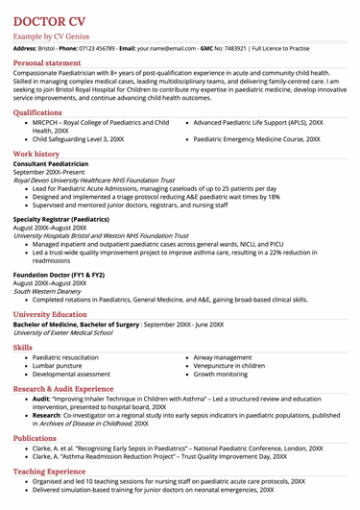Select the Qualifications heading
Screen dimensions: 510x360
(44, 112)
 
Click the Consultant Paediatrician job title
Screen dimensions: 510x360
(59, 164)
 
